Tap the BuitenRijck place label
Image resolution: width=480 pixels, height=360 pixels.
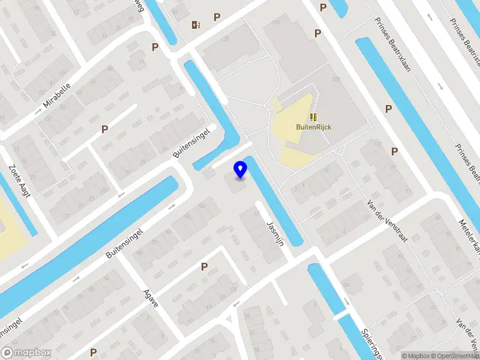click(313, 127)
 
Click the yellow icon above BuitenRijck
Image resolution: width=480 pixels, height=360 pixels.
click(313, 116)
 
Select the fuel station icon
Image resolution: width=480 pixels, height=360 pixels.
click(195, 25)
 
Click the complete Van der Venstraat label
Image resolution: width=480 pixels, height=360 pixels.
click(387, 221)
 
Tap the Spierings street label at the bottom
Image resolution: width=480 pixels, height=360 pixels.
click(372, 343)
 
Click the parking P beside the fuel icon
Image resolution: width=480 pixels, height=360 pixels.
click(217, 17)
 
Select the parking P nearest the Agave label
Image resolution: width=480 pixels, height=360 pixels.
click(204, 266)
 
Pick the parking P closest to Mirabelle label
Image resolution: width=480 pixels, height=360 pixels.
click(104, 129)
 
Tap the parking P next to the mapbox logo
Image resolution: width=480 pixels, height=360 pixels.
click(93, 352)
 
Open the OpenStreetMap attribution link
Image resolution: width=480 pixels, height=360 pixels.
click(457, 356)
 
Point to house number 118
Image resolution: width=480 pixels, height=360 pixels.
click(276, 23)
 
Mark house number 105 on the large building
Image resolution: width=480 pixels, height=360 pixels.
click(336, 79)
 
